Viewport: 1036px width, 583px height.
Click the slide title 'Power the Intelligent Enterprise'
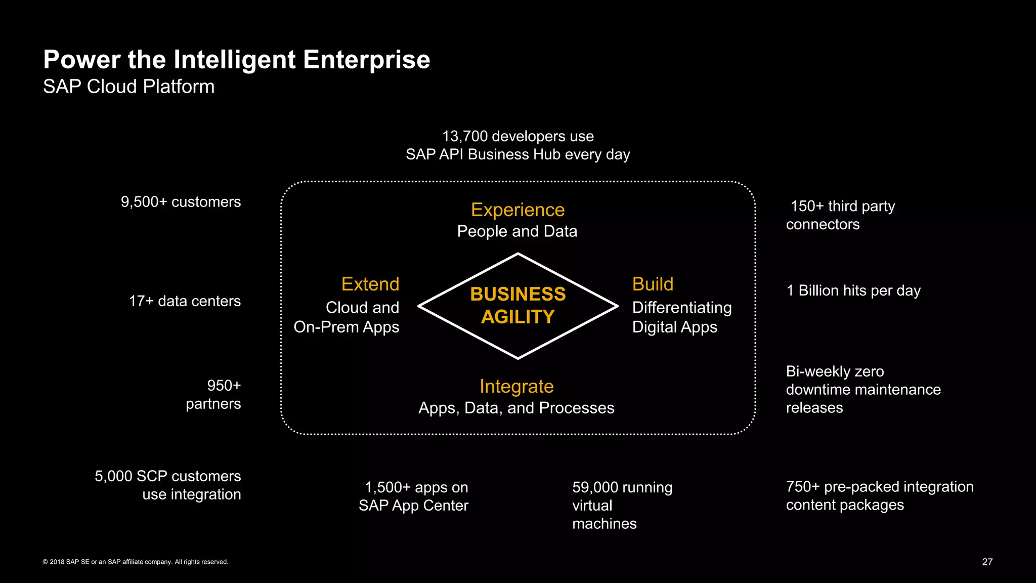point(236,60)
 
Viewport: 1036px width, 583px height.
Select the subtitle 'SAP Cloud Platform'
point(128,87)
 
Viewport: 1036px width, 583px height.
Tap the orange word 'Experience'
point(517,210)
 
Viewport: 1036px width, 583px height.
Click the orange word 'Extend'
point(370,284)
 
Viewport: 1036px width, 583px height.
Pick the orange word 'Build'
point(653,284)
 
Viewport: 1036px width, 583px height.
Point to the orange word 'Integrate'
point(516,386)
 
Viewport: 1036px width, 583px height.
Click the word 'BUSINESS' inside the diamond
point(518,294)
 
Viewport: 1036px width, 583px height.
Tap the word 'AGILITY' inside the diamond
point(518,317)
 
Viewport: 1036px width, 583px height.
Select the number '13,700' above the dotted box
point(465,136)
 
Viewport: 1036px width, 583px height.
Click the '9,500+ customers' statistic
point(181,202)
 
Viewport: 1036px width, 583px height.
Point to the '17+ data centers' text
point(185,301)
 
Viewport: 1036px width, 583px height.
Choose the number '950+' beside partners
point(224,386)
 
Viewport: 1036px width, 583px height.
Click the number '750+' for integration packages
point(802,487)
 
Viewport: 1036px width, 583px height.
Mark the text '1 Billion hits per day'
point(853,290)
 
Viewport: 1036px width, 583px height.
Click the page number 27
point(987,562)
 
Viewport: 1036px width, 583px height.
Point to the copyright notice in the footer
point(136,562)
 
